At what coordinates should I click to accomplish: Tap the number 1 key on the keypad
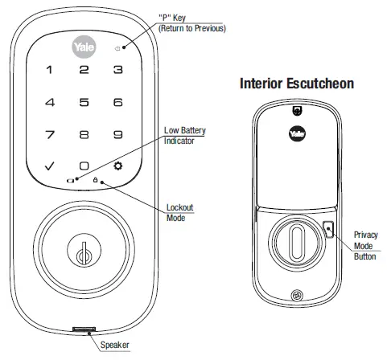[x=50, y=70]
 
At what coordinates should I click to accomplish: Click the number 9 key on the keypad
[x=117, y=134]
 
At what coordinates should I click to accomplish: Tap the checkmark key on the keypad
[x=50, y=166]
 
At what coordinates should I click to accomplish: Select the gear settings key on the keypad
[x=117, y=166]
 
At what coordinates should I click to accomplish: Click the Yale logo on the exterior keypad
[x=84, y=47]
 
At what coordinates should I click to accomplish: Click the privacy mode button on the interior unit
[x=331, y=231]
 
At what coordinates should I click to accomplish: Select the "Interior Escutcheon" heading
[x=297, y=84]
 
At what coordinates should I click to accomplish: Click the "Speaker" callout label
[x=116, y=345]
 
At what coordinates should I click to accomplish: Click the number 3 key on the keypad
[x=117, y=70]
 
